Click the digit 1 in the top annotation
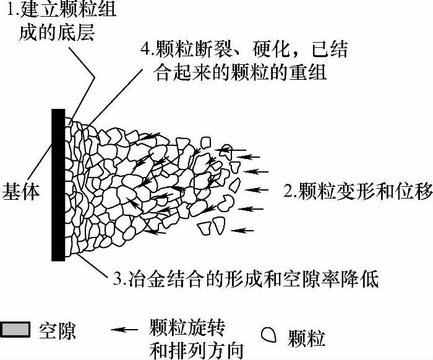(x=8, y=11)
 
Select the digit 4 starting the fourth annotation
(x=144, y=49)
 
